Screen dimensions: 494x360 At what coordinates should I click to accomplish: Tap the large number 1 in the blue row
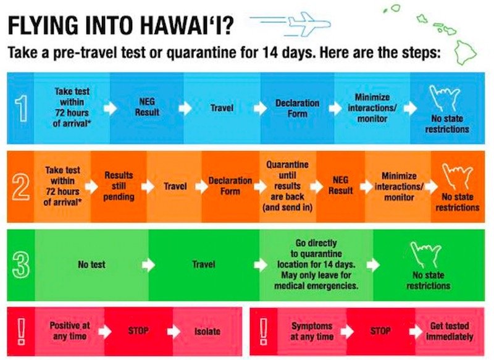pyautogui.click(x=21, y=108)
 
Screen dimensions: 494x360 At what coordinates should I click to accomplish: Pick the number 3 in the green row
pyautogui.click(x=21, y=265)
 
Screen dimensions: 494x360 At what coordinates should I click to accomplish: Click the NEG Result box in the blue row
pyautogui.click(x=147, y=107)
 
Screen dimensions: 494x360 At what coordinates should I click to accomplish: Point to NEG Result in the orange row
pyautogui.click(x=341, y=185)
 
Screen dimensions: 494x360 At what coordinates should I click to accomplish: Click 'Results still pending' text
pyautogui.click(x=119, y=186)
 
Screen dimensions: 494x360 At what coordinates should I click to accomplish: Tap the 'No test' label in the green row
pyautogui.click(x=91, y=264)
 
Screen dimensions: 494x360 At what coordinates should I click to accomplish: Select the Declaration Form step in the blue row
pyautogui.click(x=297, y=108)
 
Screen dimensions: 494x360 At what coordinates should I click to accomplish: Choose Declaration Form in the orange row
pyautogui.click(x=230, y=186)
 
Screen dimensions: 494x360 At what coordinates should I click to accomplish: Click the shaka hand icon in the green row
pyautogui.click(x=425, y=254)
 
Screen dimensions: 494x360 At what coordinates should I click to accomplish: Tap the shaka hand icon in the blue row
pyautogui.click(x=445, y=98)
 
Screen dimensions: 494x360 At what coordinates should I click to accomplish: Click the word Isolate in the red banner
pyautogui.click(x=207, y=332)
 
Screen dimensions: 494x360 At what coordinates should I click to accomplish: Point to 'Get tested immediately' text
pyautogui.click(x=450, y=331)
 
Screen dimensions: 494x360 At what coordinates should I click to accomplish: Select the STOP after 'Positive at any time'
pyautogui.click(x=138, y=331)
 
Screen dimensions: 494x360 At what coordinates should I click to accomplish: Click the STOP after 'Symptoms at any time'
pyautogui.click(x=380, y=331)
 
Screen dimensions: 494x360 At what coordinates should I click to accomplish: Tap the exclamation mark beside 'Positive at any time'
pyautogui.click(x=21, y=331)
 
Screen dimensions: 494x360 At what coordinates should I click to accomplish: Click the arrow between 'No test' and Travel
pyautogui.click(x=148, y=265)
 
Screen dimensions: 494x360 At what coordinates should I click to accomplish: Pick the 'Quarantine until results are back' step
pyautogui.click(x=287, y=186)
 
